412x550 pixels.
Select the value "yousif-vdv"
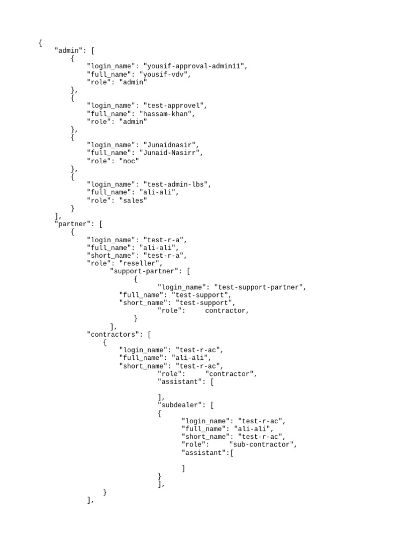[x=165, y=75]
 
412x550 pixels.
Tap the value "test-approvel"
[x=174, y=106]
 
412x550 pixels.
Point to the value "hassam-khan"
[x=167, y=114]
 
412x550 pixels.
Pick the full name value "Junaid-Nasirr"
[x=171, y=153]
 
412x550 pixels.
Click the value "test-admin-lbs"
[x=176, y=184]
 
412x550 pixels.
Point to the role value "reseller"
[x=141, y=263]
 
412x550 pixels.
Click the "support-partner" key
[x=145, y=271]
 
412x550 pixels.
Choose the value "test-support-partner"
[x=259, y=287]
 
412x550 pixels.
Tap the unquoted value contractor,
[x=227, y=310]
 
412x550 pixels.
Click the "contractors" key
[x=113, y=334]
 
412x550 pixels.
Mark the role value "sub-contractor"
[x=263, y=444]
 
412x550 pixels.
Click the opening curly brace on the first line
[x=40, y=43]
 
